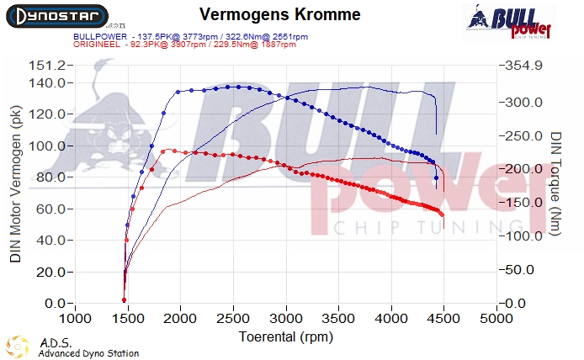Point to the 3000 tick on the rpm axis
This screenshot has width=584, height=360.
(286, 320)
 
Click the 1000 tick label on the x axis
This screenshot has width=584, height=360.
(76, 320)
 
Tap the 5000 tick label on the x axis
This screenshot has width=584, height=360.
(496, 320)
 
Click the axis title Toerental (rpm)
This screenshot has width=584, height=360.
(286, 336)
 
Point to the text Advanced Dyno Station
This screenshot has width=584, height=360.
(88, 353)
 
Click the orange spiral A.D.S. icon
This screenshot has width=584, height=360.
(15, 347)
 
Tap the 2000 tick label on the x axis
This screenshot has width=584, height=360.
(181, 320)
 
